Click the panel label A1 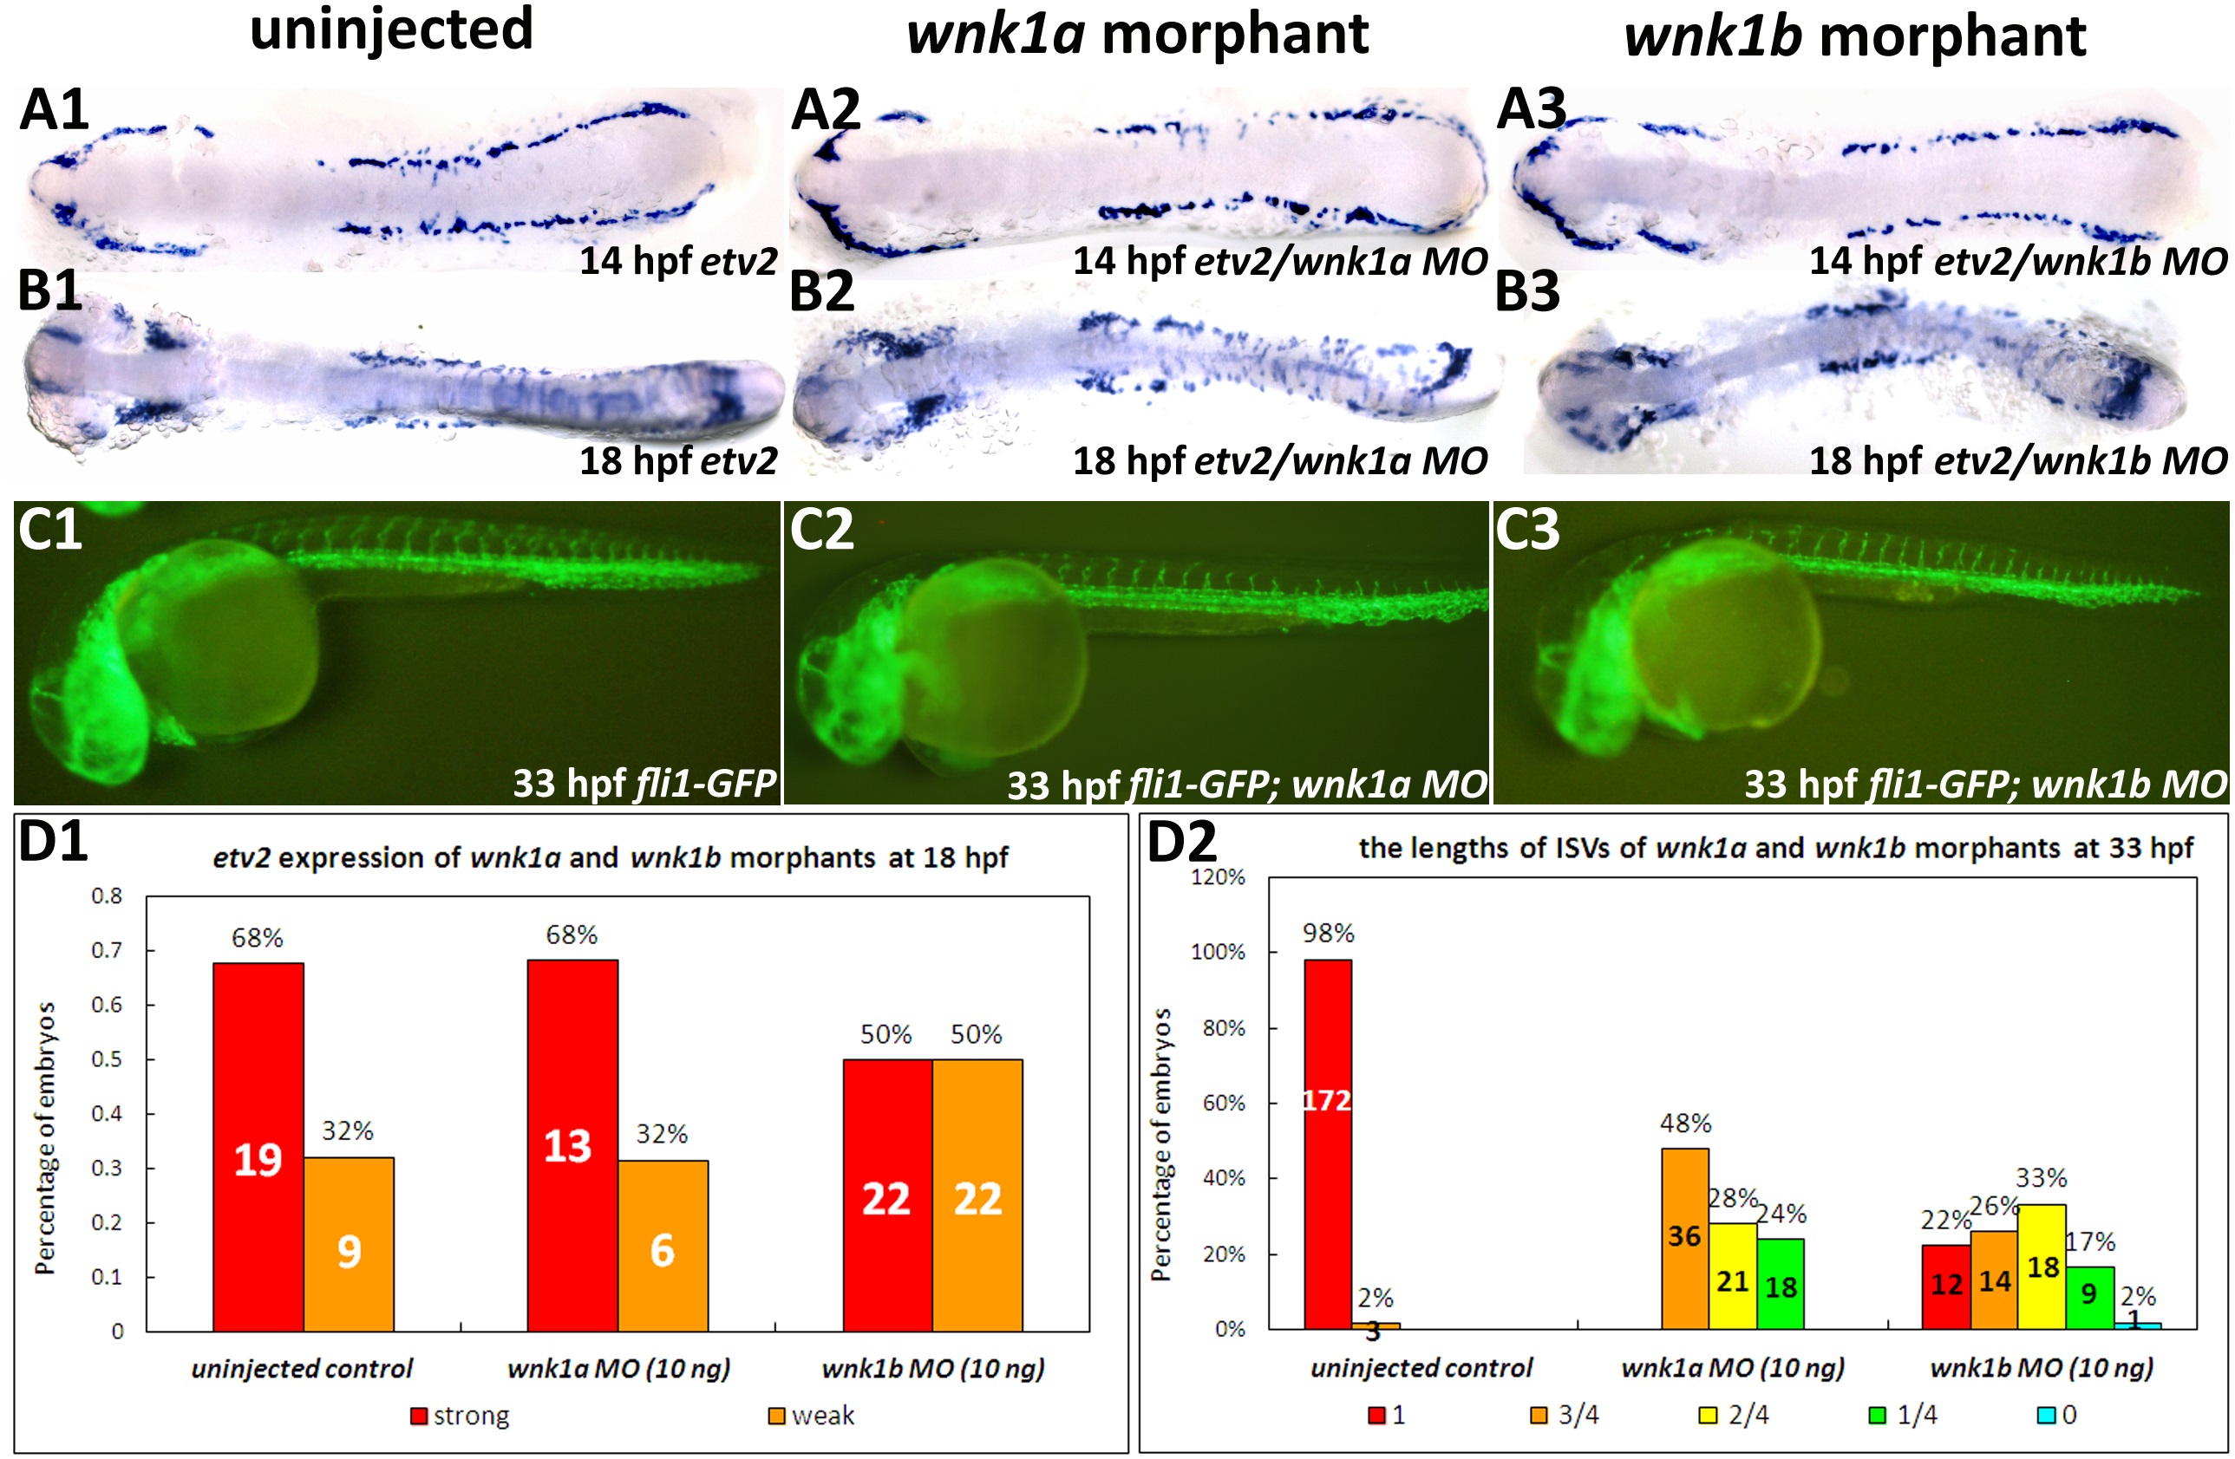click(54, 110)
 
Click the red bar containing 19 click(258, 1145)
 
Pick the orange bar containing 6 click(663, 1245)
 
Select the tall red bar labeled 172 click(1328, 1143)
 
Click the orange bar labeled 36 click(1684, 1237)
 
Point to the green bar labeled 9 click(2089, 1297)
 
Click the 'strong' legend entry click(461, 1415)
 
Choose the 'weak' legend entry click(813, 1415)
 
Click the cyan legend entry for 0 click(2057, 1414)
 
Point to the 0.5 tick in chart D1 click(106, 1059)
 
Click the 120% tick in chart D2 click(1218, 877)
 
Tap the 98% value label click(1328, 934)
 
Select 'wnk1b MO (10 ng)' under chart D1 click(932, 1368)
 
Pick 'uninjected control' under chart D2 click(1421, 1367)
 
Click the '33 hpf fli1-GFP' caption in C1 click(644, 782)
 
